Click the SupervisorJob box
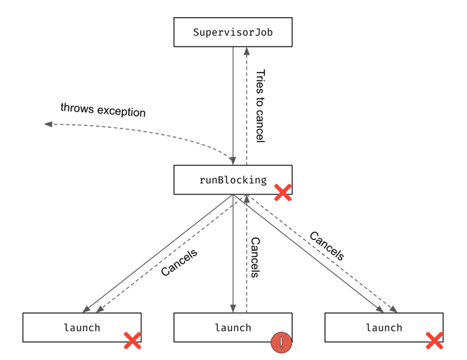tap(233, 32)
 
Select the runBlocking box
tap(233, 180)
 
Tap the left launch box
tap(82, 327)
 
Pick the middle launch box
tap(233, 327)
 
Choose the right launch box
tap(384, 327)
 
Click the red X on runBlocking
tap(283, 193)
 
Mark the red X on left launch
tap(132, 341)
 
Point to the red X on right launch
tap(434, 341)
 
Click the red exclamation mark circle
tap(281, 342)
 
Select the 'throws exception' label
tap(103, 110)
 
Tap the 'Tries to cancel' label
tap(260, 106)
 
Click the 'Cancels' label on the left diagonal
tap(179, 262)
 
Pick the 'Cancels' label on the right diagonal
tap(327, 246)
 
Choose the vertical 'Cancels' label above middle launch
tap(255, 258)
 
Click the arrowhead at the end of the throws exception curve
tap(48, 124)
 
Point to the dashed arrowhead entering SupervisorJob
tap(246, 51)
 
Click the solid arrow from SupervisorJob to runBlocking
tap(233, 106)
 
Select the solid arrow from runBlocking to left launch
tap(158, 253)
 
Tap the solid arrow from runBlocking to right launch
tap(308, 253)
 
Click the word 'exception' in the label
tap(122, 111)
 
